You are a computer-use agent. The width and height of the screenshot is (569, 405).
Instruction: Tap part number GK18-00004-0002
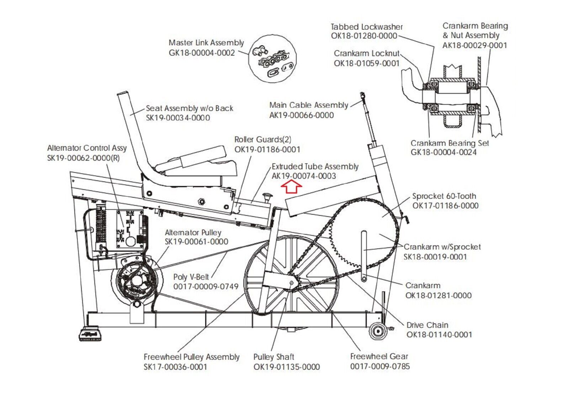pyautogui.click(x=202, y=53)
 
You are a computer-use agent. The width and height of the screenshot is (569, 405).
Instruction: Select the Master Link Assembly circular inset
pyautogui.click(x=272, y=59)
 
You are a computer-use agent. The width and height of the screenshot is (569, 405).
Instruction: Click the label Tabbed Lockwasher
pyautogui.click(x=367, y=27)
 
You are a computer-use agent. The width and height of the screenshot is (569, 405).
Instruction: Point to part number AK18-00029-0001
pyautogui.click(x=475, y=45)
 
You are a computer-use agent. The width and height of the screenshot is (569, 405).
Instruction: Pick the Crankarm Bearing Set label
pyautogui.click(x=450, y=143)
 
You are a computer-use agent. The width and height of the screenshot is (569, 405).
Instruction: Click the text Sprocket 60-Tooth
pyautogui.click(x=444, y=196)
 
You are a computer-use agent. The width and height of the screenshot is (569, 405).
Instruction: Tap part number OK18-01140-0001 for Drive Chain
pyautogui.click(x=439, y=335)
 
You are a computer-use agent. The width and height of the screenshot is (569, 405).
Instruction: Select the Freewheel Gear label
pyautogui.click(x=379, y=356)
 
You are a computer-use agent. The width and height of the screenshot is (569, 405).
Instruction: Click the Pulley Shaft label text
pyautogui.click(x=273, y=357)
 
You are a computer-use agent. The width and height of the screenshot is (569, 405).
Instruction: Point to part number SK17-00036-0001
pyautogui.click(x=175, y=367)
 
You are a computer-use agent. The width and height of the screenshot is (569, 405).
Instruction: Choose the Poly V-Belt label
pyautogui.click(x=191, y=277)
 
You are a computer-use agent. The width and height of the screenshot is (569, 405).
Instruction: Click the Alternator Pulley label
pyautogui.click(x=193, y=233)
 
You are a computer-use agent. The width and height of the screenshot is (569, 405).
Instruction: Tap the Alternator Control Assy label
pyautogui.click(x=87, y=148)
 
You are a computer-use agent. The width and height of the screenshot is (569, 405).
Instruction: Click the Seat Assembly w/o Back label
pyautogui.click(x=190, y=108)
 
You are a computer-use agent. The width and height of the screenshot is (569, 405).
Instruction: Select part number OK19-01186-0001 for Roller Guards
pyautogui.click(x=267, y=150)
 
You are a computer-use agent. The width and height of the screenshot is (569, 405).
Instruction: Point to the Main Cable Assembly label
pyautogui.click(x=309, y=105)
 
